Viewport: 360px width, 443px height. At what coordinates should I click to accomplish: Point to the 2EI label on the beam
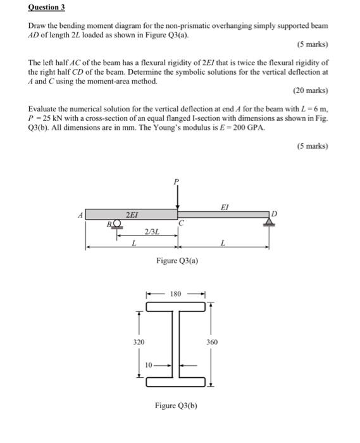pyautogui.click(x=132, y=215)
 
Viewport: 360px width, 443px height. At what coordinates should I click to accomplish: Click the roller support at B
pyautogui.click(x=116, y=223)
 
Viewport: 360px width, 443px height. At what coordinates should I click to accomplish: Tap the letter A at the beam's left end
pyautogui.click(x=80, y=215)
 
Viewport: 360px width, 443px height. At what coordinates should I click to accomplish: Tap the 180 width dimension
pyautogui.click(x=177, y=294)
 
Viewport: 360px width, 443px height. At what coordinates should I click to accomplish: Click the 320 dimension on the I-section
pyautogui.click(x=139, y=342)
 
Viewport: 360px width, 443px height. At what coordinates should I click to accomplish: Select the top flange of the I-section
pyautogui.click(x=177, y=307)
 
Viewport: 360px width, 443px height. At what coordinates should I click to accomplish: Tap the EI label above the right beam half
pyautogui.click(x=225, y=206)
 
